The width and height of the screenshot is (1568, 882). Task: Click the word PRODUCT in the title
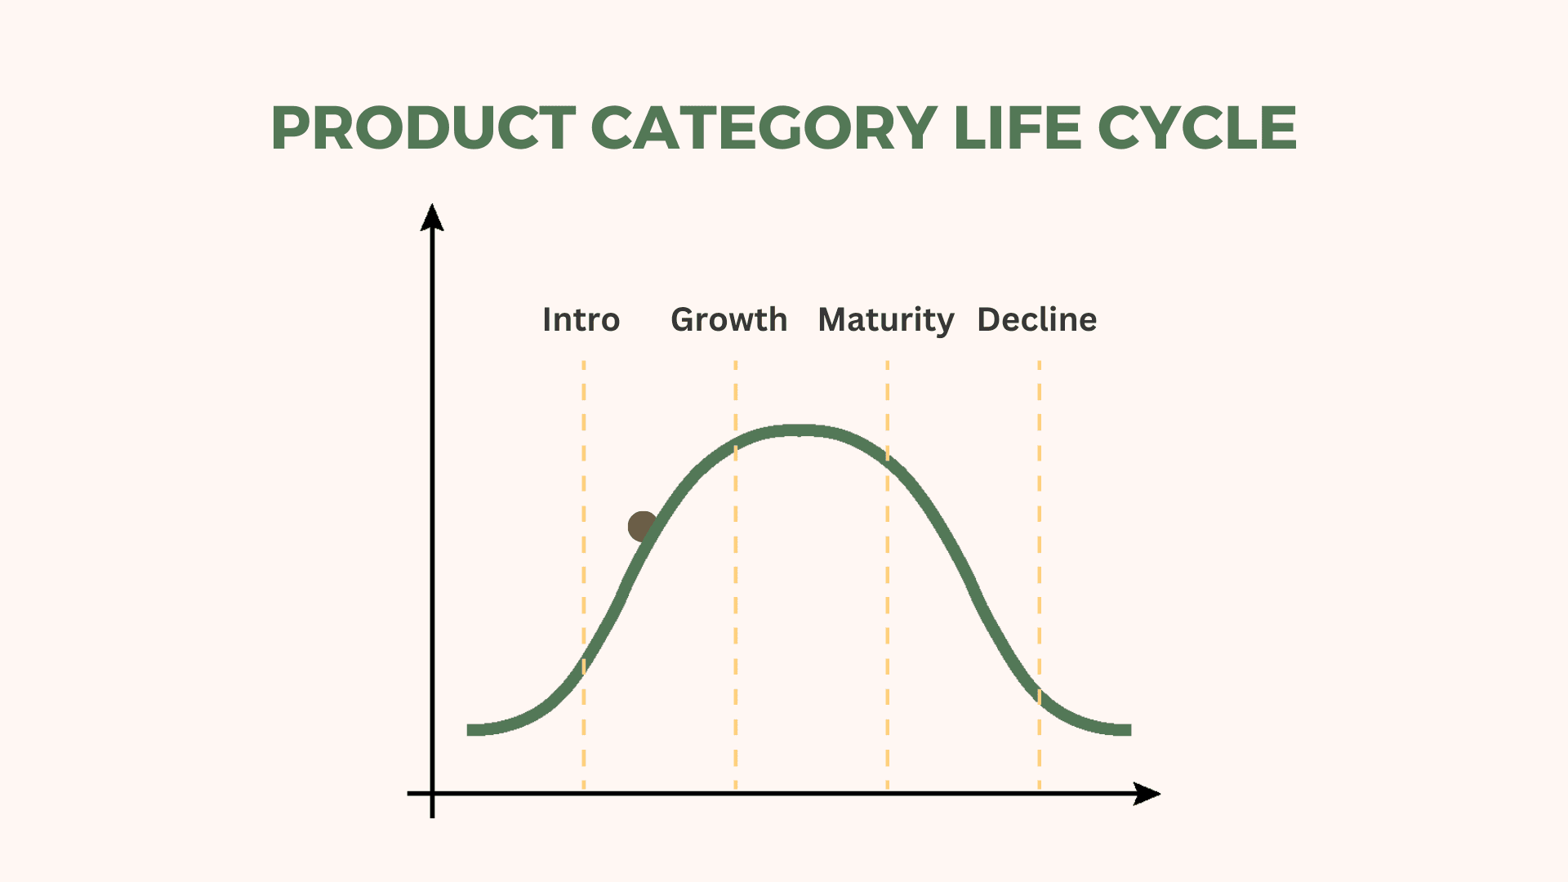click(x=424, y=128)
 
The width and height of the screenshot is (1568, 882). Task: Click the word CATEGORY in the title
click(x=764, y=128)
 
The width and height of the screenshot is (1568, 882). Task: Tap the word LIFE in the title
click(x=1018, y=128)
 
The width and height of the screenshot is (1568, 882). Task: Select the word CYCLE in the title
click(x=1197, y=128)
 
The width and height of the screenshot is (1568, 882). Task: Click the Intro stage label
click(x=581, y=319)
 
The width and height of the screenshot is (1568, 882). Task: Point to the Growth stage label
click(x=729, y=319)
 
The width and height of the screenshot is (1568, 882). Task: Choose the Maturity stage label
click(x=886, y=320)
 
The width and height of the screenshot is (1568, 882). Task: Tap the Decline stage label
click(x=1037, y=319)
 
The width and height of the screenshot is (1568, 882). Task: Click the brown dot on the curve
click(x=643, y=527)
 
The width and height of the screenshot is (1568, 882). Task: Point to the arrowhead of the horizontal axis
click(x=1147, y=794)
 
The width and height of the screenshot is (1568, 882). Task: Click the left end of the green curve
click(x=468, y=730)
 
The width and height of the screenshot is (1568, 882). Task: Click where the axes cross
click(x=432, y=793)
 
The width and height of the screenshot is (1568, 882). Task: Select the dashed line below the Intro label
click(x=584, y=575)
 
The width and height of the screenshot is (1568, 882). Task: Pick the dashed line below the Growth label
click(x=736, y=575)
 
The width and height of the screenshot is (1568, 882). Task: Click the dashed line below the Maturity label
click(x=888, y=575)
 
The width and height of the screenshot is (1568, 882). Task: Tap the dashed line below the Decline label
click(x=1040, y=575)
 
